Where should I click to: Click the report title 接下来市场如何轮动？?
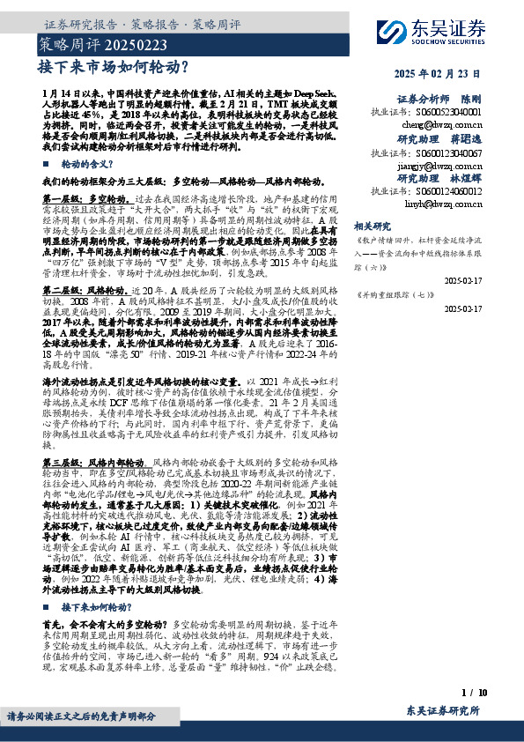coord(114,65)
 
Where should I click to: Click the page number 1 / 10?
coord(473,694)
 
